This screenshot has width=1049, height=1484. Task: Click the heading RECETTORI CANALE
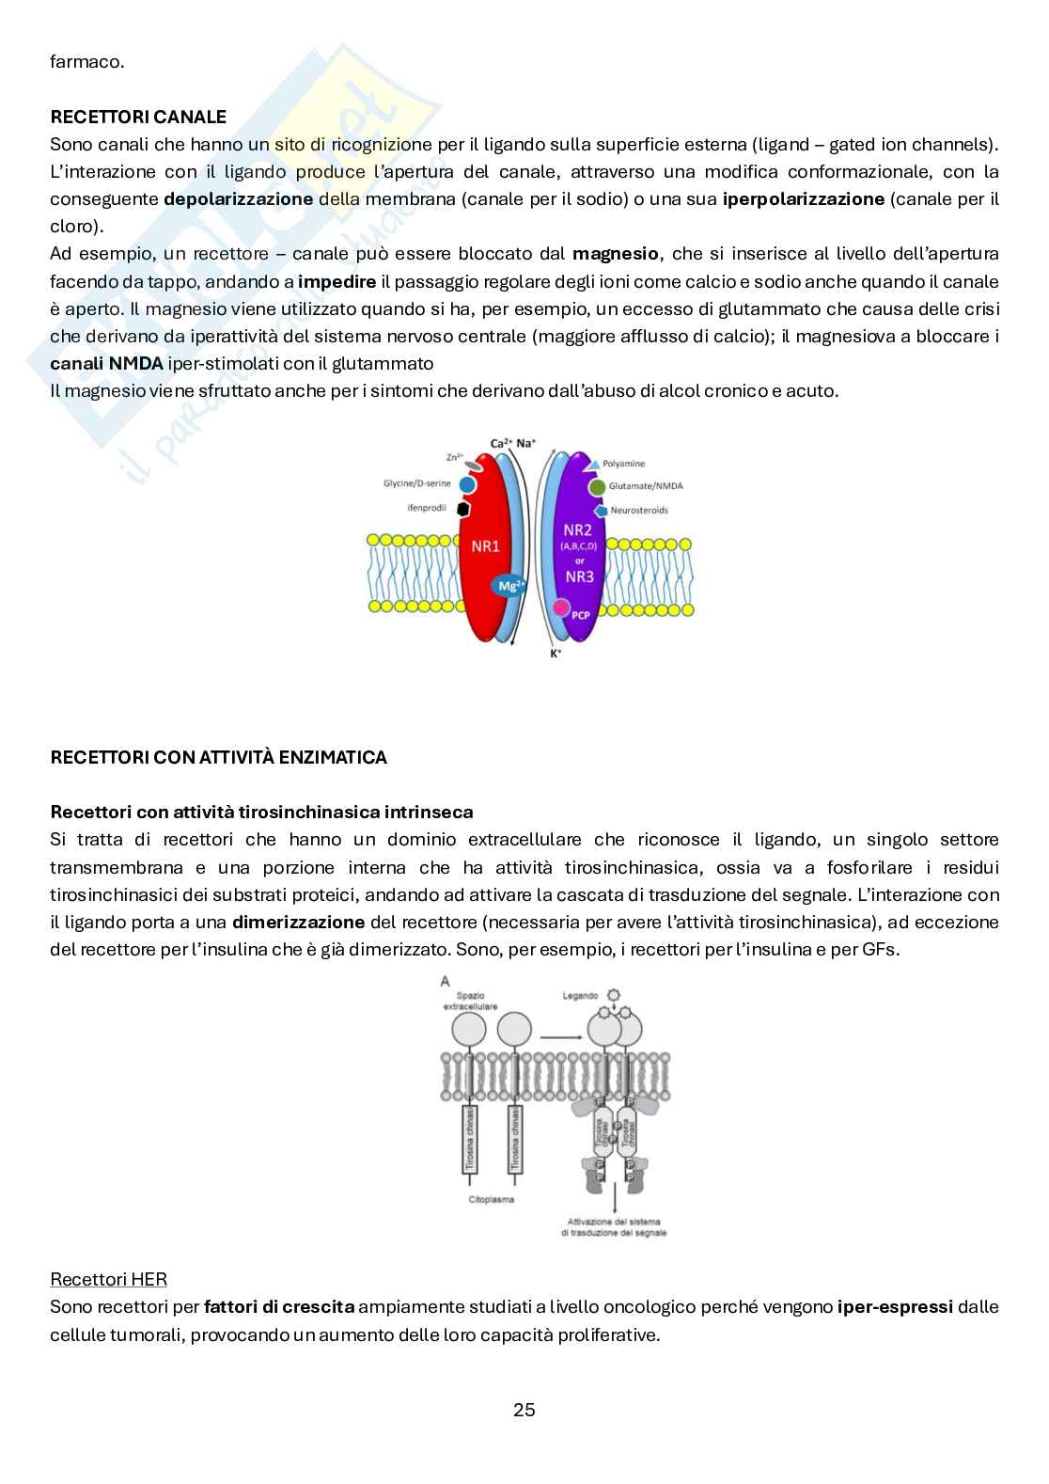137,117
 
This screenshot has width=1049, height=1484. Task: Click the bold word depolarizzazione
239,199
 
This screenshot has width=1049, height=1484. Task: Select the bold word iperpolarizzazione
804,199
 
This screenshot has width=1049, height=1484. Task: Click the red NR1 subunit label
485,546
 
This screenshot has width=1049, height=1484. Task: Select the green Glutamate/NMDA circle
597,486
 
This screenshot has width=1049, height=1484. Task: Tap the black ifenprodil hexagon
463,508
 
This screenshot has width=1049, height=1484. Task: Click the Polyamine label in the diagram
624,464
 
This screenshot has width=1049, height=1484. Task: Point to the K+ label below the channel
556,652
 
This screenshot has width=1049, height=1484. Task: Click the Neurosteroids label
639,510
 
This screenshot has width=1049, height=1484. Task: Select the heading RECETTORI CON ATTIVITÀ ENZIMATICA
218,757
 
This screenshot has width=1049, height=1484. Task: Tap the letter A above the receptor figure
445,982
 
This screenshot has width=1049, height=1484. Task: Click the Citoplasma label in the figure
492,1200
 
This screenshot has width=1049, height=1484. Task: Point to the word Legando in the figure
580,996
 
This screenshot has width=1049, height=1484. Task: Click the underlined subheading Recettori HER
108,1279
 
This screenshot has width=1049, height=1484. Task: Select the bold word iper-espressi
895,1306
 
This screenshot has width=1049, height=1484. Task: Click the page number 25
524,1410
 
